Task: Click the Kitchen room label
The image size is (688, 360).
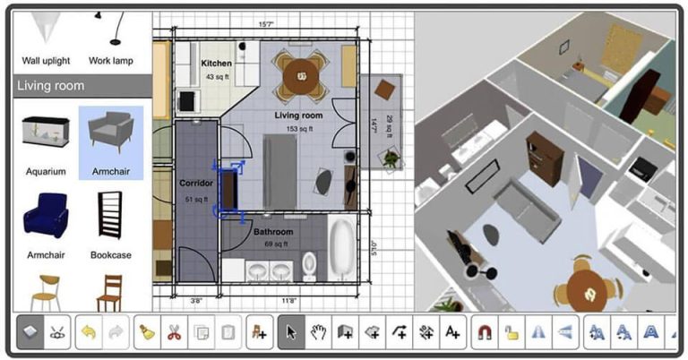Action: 216,64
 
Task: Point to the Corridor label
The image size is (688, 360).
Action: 195,184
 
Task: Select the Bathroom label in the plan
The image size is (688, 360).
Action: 272,231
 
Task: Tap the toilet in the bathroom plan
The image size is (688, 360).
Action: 309,263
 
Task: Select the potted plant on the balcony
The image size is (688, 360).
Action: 390,159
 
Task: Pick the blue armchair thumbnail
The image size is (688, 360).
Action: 46,216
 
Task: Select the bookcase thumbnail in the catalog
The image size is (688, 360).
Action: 111,216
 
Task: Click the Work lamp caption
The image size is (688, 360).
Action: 111,61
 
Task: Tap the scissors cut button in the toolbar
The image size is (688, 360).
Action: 174,331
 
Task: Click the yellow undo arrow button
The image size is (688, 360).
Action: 89,331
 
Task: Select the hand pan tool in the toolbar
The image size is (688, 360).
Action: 318,331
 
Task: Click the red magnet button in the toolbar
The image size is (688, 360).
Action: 485,331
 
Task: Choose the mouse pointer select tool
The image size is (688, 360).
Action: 291,331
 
